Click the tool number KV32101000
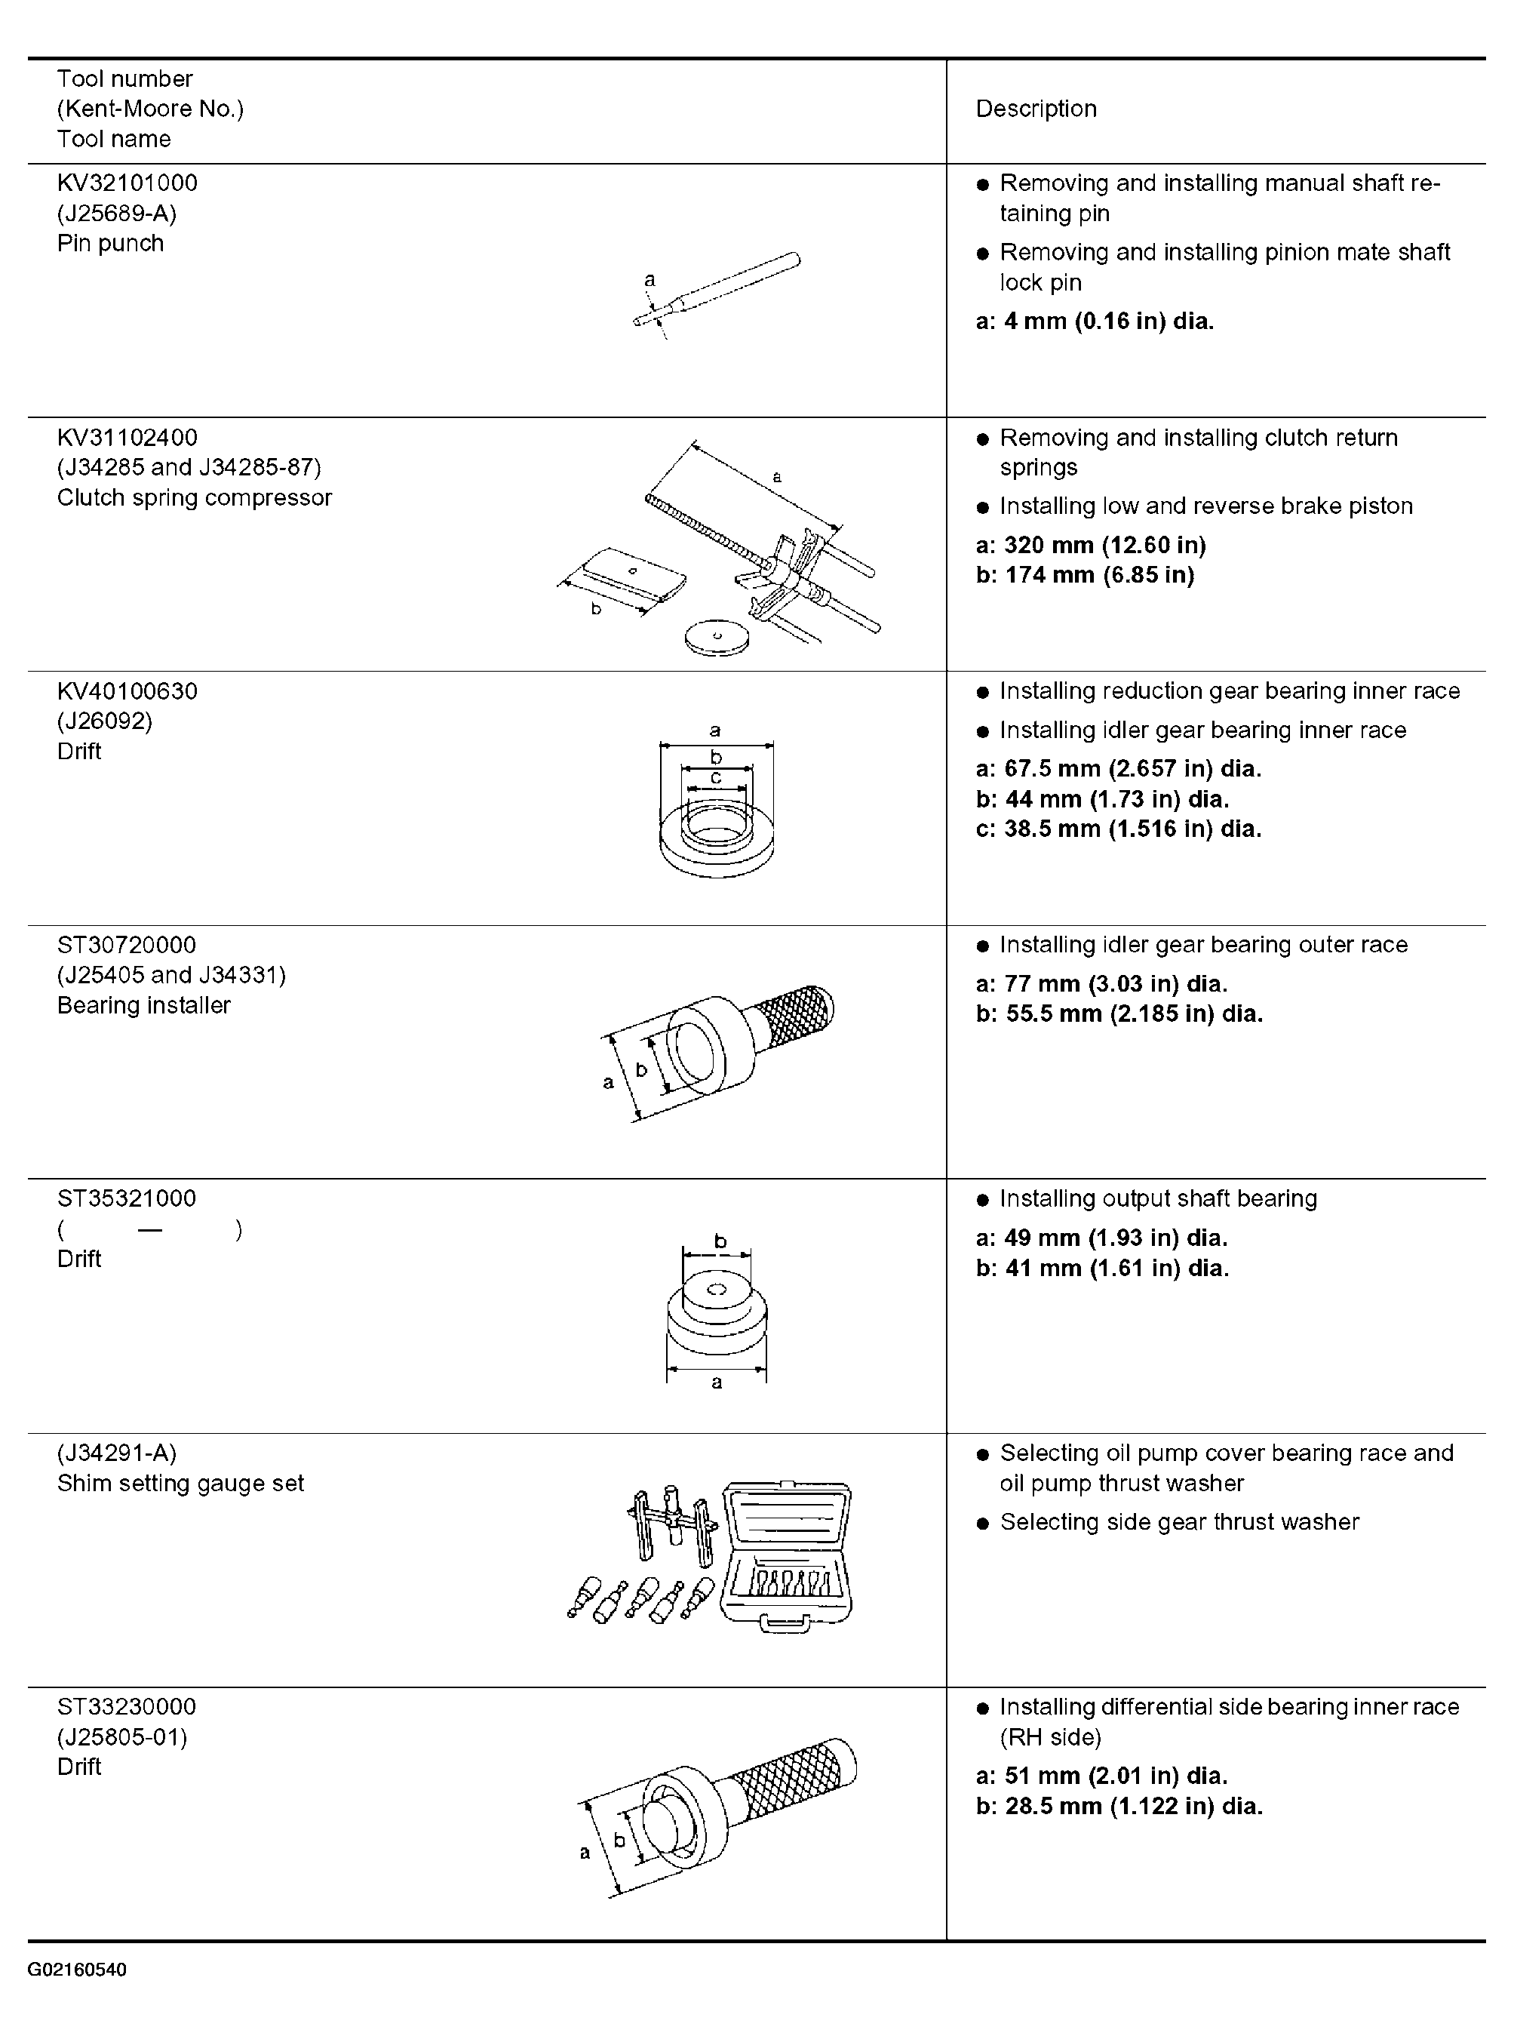127,183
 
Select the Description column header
1036,109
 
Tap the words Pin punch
110,243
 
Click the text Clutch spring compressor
195,498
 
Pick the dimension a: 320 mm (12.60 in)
1091,546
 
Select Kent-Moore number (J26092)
104,721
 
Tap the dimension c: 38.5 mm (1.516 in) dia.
1118,829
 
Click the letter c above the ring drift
716,778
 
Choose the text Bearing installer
144,1005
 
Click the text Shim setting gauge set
180,1483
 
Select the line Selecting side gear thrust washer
1180,1521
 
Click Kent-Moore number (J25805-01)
122,1737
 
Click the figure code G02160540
77,1969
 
